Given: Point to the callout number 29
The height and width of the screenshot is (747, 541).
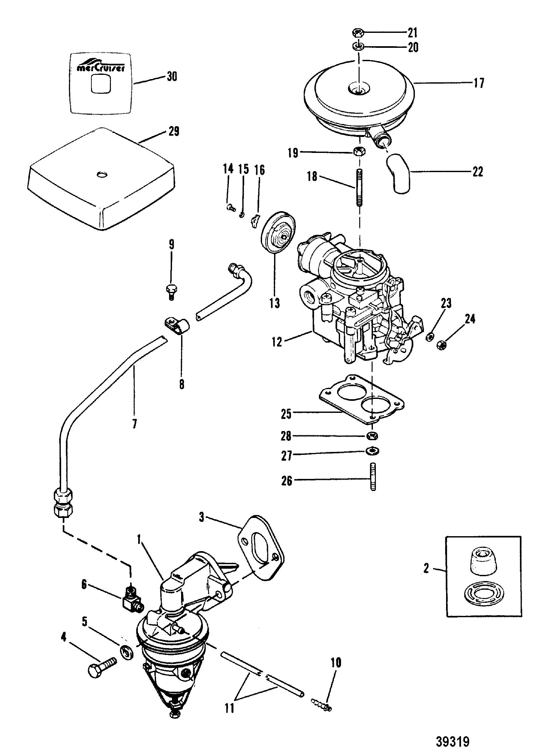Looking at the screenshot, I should (173, 131).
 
